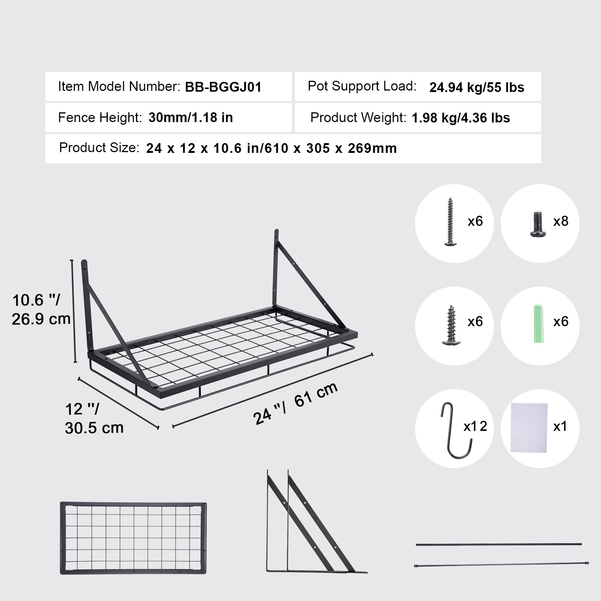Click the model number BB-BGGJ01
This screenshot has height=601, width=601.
pos(223,87)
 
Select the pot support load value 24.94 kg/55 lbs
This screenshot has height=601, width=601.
pos(476,88)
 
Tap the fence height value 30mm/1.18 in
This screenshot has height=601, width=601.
pos(190,118)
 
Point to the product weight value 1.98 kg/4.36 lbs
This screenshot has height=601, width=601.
pos(461,118)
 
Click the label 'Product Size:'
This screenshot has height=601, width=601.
pos(99,148)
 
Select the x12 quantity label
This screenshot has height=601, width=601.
pos(475,426)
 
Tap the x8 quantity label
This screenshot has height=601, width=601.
pos(560,221)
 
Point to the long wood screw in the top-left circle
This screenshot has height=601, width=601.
pos(450,222)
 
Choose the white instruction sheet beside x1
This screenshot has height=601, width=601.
pos(529,429)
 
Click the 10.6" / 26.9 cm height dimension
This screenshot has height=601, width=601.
pos(41,310)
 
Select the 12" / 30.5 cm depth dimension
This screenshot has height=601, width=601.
pos(94,418)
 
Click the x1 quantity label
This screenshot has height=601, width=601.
pos(560,426)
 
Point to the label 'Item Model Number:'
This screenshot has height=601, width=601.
pos(119,87)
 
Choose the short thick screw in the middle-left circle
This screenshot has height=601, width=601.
pos(450,325)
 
